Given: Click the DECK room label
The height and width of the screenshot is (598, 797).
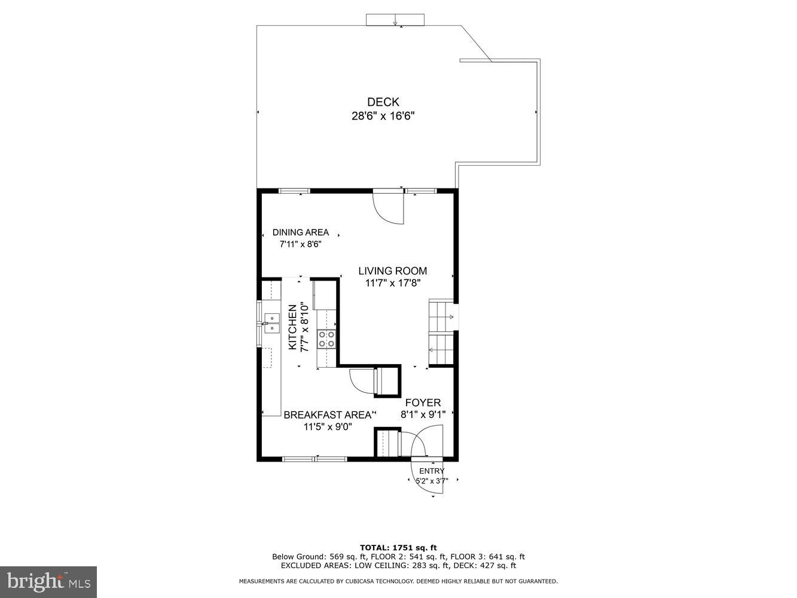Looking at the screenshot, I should [x=383, y=102].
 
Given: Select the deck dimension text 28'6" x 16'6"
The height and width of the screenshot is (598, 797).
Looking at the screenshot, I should [x=383, y=116].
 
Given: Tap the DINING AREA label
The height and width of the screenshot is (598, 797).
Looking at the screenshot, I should [x=300, y=232].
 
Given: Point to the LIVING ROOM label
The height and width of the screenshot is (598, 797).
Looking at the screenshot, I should [x=392, y=271].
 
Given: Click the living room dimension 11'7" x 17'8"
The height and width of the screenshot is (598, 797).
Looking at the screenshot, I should [x=392, y=283].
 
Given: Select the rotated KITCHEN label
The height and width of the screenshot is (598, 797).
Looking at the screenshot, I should [x=293, y=327].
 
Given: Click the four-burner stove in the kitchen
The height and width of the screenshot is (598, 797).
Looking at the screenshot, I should [x=326, y=339].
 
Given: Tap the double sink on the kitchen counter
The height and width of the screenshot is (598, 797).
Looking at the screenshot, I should [x=272, y=323].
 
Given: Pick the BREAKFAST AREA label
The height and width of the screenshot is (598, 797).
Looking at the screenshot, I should [x=327, y=414].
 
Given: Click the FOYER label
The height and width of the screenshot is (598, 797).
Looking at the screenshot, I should [x=423, y=402].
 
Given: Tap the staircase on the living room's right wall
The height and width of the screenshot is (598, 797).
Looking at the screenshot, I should [x=442, y=332].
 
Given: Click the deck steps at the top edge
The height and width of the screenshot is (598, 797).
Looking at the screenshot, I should [x=395, y=20].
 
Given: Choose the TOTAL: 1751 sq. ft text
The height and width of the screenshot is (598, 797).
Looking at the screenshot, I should [x=398, y=547].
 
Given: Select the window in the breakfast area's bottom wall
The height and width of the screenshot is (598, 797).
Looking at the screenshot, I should [x=314, y=459].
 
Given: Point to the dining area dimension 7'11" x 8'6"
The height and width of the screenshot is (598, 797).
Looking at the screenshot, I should [x=300, y=244].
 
